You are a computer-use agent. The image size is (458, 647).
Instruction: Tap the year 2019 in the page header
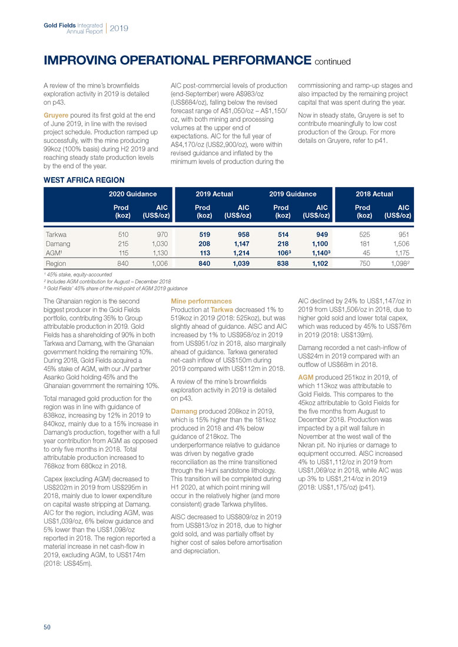tap(119, 28)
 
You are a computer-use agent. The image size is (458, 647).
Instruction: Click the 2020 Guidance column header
tap(132, 194)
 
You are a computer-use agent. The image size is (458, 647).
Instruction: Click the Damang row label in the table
tap(58, 243)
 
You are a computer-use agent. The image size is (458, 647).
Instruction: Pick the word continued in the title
tap(332, 61)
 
